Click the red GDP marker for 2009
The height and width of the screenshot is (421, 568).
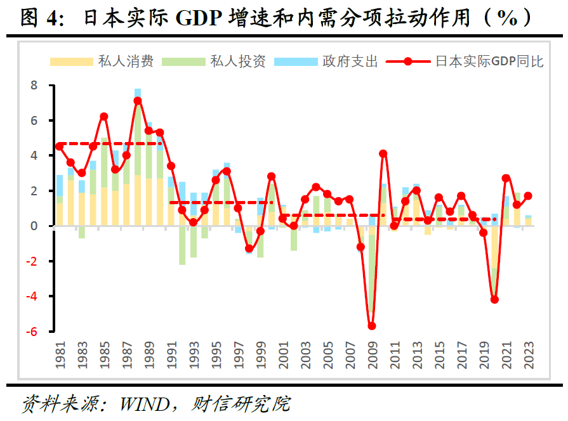point(372,326)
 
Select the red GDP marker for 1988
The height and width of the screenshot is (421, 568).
point(138,101)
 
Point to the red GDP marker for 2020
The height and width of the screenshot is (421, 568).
point(494,299)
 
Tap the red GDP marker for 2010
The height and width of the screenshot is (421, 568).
point(383,153)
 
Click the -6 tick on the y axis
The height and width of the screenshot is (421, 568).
point(32,332)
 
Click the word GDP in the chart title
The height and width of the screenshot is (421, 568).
point(201,18)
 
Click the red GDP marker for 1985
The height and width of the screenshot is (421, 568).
point(104,117)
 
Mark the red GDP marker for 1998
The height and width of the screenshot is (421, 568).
point(249,249)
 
